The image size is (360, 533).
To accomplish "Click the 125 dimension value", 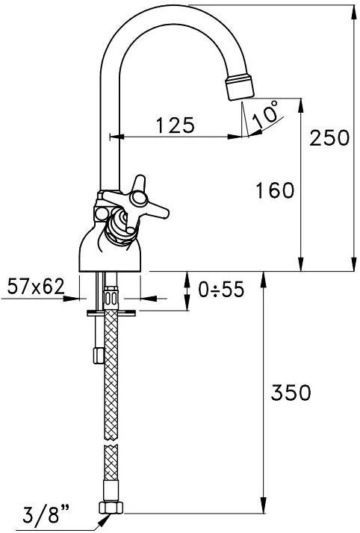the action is coord(176,125).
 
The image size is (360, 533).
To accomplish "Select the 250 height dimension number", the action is coord(329,138).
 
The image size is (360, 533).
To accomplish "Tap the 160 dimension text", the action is coord(275,190).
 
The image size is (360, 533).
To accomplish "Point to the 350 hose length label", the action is coord(291,393).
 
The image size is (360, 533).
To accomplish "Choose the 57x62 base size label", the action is coord(36,286).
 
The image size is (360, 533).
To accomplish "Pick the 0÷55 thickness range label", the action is coord(221,290).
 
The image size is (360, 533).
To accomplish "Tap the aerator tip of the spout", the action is coord(240,87).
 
